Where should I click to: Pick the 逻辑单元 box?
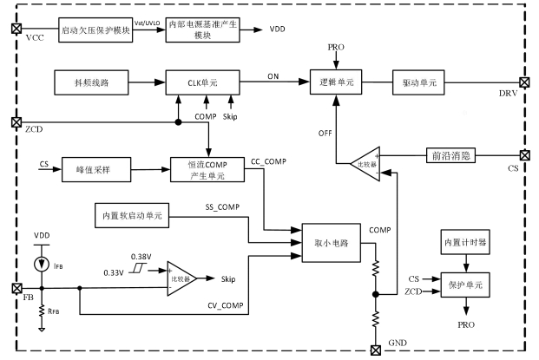pos(332,82)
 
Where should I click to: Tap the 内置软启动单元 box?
pos(132,213)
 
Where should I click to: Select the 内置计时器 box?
pos(465,240)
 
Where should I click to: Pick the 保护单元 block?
pos(465,284)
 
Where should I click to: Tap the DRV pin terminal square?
pos(523,82)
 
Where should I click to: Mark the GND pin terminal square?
pos(376,350)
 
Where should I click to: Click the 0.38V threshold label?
pos(141,257)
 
